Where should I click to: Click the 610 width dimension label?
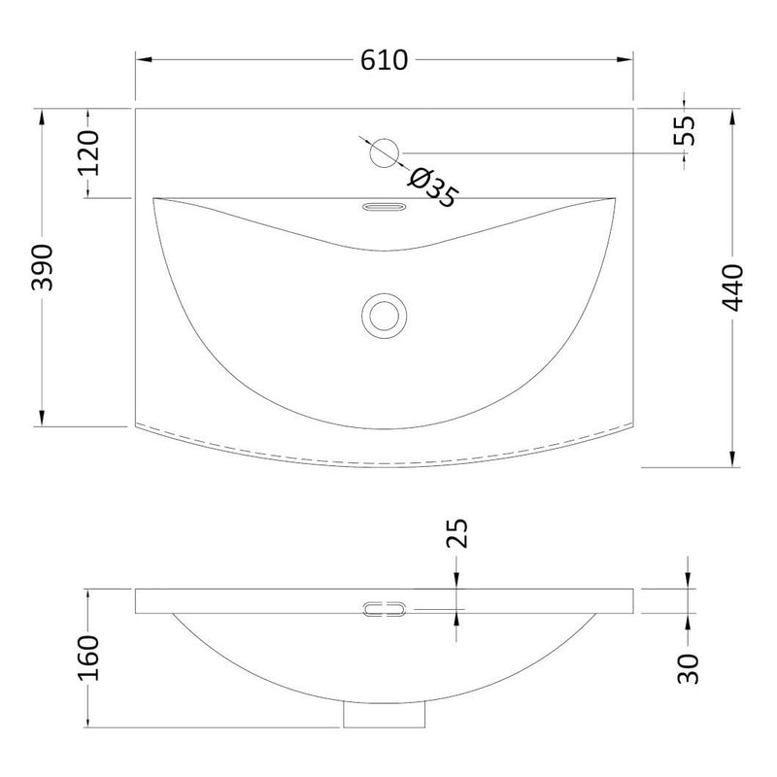coord(384,60)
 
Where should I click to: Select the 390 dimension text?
coord(42,267)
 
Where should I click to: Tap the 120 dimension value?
coord(88,153)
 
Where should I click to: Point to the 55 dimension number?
coord(685,130)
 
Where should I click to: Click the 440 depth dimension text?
coord(732,287)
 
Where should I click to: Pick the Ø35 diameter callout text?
coord(432,187)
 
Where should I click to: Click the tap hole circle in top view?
coord(384,153)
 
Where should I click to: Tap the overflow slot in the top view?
coord(385,207)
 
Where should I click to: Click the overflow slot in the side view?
coord(384,609)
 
